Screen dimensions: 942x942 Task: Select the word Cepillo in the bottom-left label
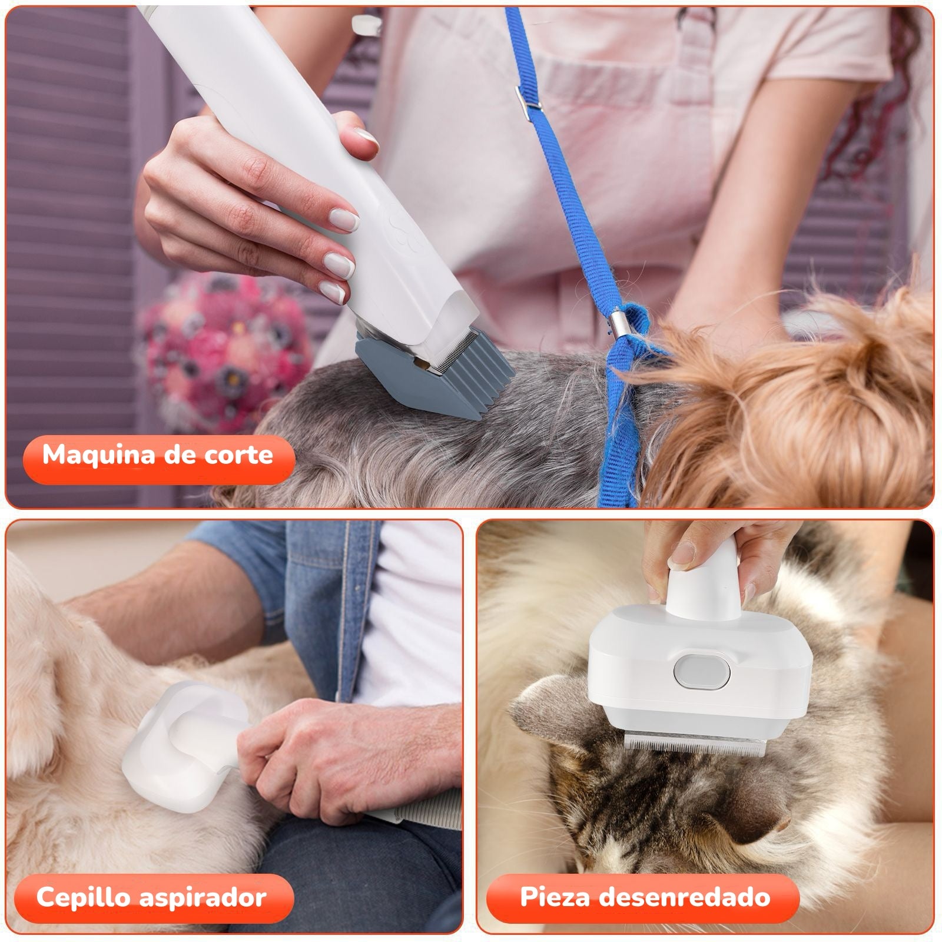83,897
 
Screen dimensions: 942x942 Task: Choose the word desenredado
695,897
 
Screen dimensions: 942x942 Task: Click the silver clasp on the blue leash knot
618,324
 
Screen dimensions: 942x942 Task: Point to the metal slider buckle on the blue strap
528,98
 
